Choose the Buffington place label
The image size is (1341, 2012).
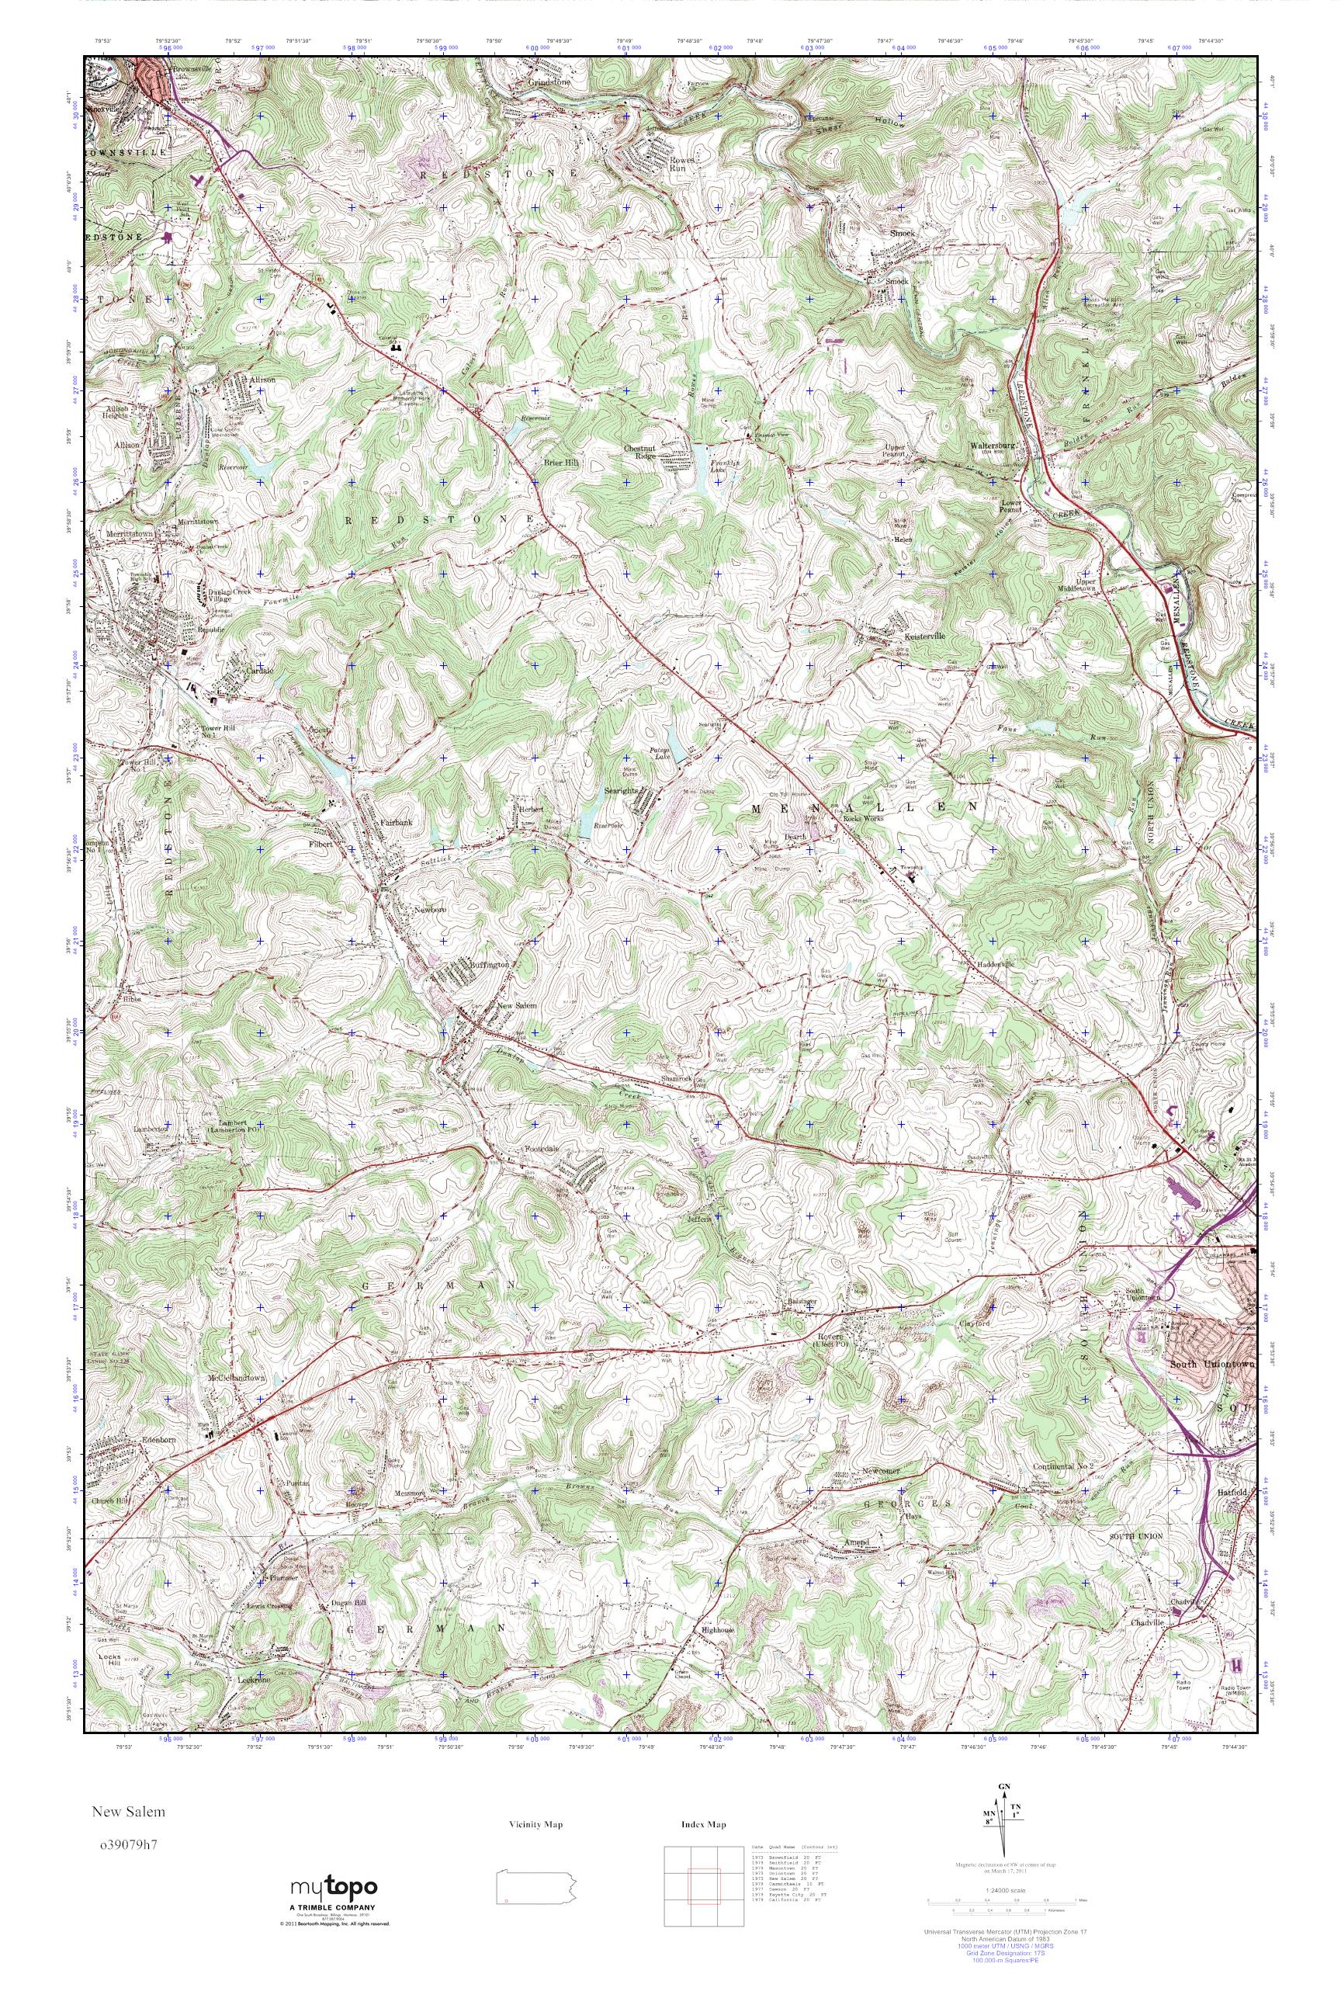pyautogui.click(x=490, y=965)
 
